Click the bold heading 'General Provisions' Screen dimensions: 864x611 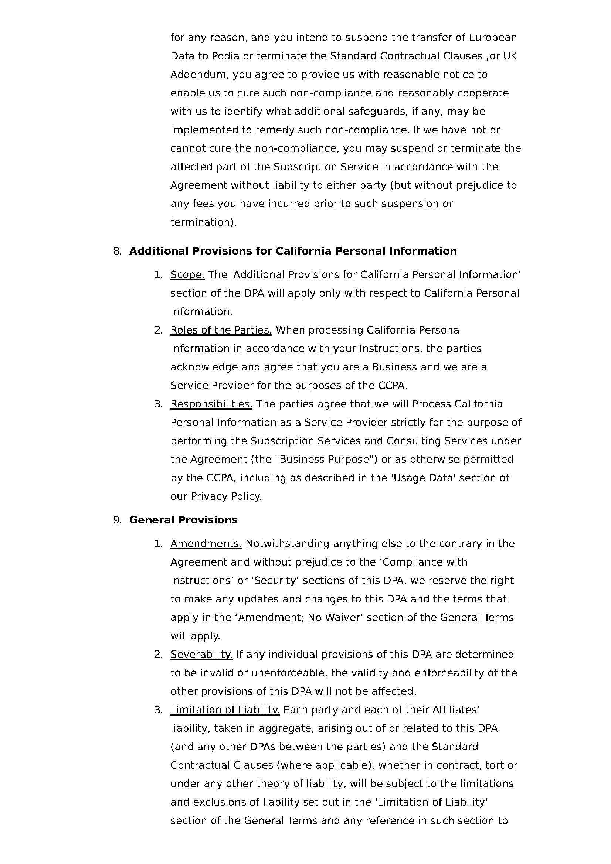[x=183, y=520]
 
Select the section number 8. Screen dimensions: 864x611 [x=117, y=251]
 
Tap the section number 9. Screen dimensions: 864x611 [x=117, y=520]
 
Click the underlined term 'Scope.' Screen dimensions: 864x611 [x=187, y=275]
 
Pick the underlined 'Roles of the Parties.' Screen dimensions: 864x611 [x=221, y=330]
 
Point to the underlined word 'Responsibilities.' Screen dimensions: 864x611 [x=211, y=404]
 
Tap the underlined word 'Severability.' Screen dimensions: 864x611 [x=201, y=655]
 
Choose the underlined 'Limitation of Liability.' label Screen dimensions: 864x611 [x=225, y=710]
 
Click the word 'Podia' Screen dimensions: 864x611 [x=225, y=56]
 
